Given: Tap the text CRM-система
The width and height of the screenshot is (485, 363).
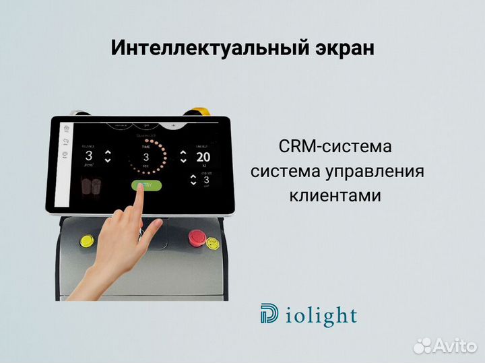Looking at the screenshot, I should click(x=335, y=147).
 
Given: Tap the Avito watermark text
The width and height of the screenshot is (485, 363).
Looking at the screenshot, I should click(x=452, y=346).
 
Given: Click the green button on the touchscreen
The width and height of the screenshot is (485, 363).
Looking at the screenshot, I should click(x=146, y=185).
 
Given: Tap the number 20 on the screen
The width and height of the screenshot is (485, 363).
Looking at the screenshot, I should click(x=203, y=157).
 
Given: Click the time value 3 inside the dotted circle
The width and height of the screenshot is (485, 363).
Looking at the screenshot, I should click(x=146, y=157).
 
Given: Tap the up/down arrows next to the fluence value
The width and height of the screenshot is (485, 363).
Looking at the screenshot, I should click(x=107, y=157).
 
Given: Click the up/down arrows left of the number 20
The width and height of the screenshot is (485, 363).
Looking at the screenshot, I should click(x=183, y=157).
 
